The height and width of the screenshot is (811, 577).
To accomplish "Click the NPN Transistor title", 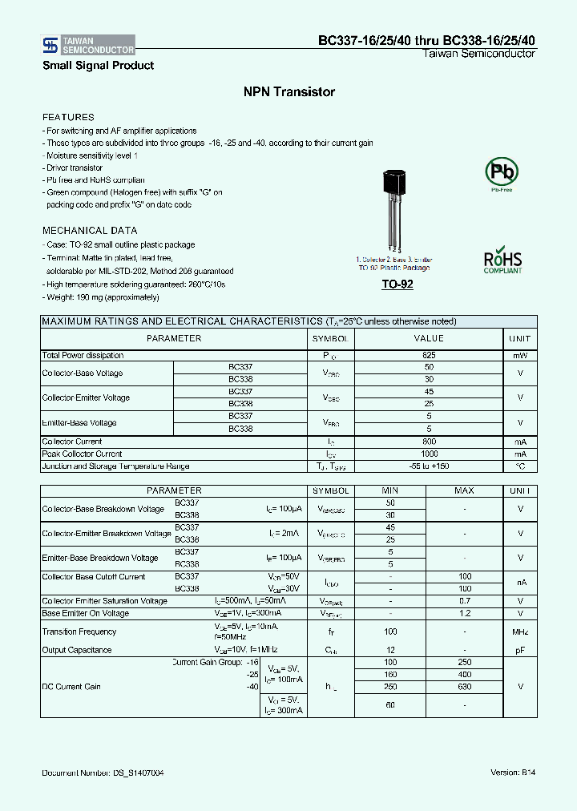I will pos(288,92).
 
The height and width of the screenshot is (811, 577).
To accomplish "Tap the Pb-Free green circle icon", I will pos(502,171).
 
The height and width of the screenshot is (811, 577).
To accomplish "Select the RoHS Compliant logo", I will pos(502,260).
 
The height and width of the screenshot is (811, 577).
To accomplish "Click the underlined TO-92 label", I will pos(397,284).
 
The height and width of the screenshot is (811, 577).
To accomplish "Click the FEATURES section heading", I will pos(68,117).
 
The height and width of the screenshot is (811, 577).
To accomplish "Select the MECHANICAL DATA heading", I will pos(90,231).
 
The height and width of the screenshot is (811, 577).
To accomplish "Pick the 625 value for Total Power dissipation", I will pos(429,355).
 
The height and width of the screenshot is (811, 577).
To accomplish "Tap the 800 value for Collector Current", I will pos(429,442).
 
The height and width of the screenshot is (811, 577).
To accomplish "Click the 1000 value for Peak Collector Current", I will pos(429,454).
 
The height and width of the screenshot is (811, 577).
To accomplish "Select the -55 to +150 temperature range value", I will pos(429,466).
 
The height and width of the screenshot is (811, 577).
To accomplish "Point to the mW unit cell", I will pos(520,355).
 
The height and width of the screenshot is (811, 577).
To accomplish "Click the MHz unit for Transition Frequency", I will pos(520,631).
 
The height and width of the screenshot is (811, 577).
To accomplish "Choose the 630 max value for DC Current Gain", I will pos(464,687).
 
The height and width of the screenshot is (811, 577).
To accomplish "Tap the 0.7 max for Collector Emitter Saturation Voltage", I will pos(464,601).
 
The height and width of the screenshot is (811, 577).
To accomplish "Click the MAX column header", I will pos(464,490).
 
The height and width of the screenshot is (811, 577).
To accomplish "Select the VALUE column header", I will pos(429,338).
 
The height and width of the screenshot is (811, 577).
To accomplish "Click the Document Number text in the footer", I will pos(103,773).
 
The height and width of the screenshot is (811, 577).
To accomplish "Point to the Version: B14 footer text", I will pos(512,773).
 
